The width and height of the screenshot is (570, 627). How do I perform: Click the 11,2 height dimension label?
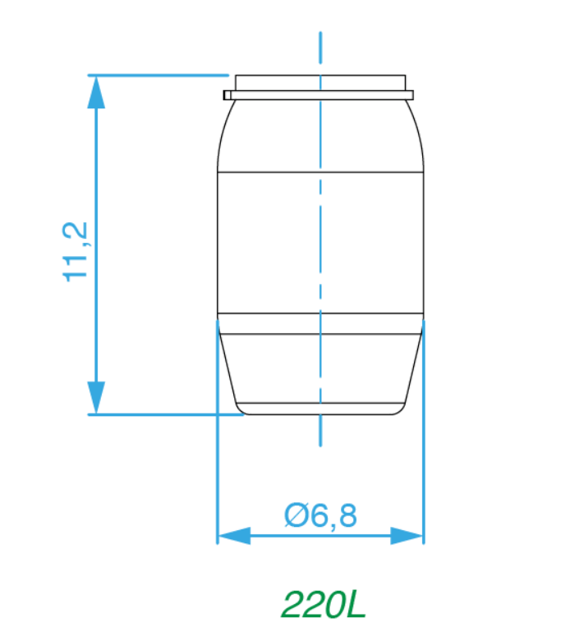click(75, 252)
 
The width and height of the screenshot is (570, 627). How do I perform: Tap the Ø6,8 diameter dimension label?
click(320, 515)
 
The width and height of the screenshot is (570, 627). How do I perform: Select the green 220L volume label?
click(324, 604)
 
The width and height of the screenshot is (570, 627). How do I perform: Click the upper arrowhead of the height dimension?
click(96, 92)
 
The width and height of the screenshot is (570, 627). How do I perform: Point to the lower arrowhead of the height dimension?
click(96, 397)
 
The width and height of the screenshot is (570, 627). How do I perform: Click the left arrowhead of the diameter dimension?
click(234, 536)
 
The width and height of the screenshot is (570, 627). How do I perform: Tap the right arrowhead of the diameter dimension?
click(407, 536)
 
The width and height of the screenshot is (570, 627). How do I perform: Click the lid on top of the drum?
click(320, 83)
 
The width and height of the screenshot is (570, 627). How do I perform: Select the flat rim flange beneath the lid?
click(319, 95)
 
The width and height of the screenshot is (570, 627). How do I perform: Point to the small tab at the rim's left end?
click(227, 95)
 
